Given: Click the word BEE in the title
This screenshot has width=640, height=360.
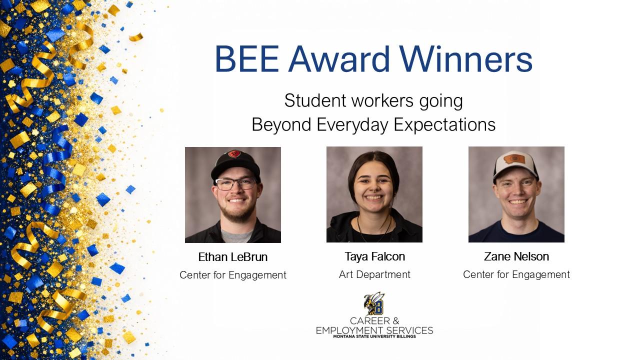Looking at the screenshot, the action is [x=247, y=59].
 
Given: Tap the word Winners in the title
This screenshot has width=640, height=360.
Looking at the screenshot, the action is [x=465, y=59].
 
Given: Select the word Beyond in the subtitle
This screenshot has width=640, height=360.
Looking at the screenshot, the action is [x=281, y=125].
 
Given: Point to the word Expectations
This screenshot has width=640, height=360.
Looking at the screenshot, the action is [x=444, y=125].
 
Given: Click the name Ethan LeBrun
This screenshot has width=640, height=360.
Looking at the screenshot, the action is [x=233, y=257].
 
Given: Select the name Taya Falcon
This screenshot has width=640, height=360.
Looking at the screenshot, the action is [x=375, y=256].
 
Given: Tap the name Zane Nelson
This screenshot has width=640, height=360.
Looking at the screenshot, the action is [x=516, y=256].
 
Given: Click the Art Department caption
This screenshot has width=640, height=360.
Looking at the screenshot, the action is [x=374, y=274].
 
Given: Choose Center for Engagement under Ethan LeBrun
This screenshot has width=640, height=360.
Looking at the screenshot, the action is [x=233, y=275].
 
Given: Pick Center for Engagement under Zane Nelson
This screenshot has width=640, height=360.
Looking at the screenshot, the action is [x=516, y=274].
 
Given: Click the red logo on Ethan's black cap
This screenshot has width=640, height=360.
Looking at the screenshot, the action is [x=234, y=153].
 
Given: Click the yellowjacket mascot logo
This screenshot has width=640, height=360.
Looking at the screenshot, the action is [x=374, y=303].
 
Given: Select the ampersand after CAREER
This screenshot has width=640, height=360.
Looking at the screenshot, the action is [x=395, y=321].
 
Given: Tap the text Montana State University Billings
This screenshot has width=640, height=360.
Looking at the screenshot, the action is [x=374, y=336].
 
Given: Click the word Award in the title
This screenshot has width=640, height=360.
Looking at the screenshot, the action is [x=339, y=59].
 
